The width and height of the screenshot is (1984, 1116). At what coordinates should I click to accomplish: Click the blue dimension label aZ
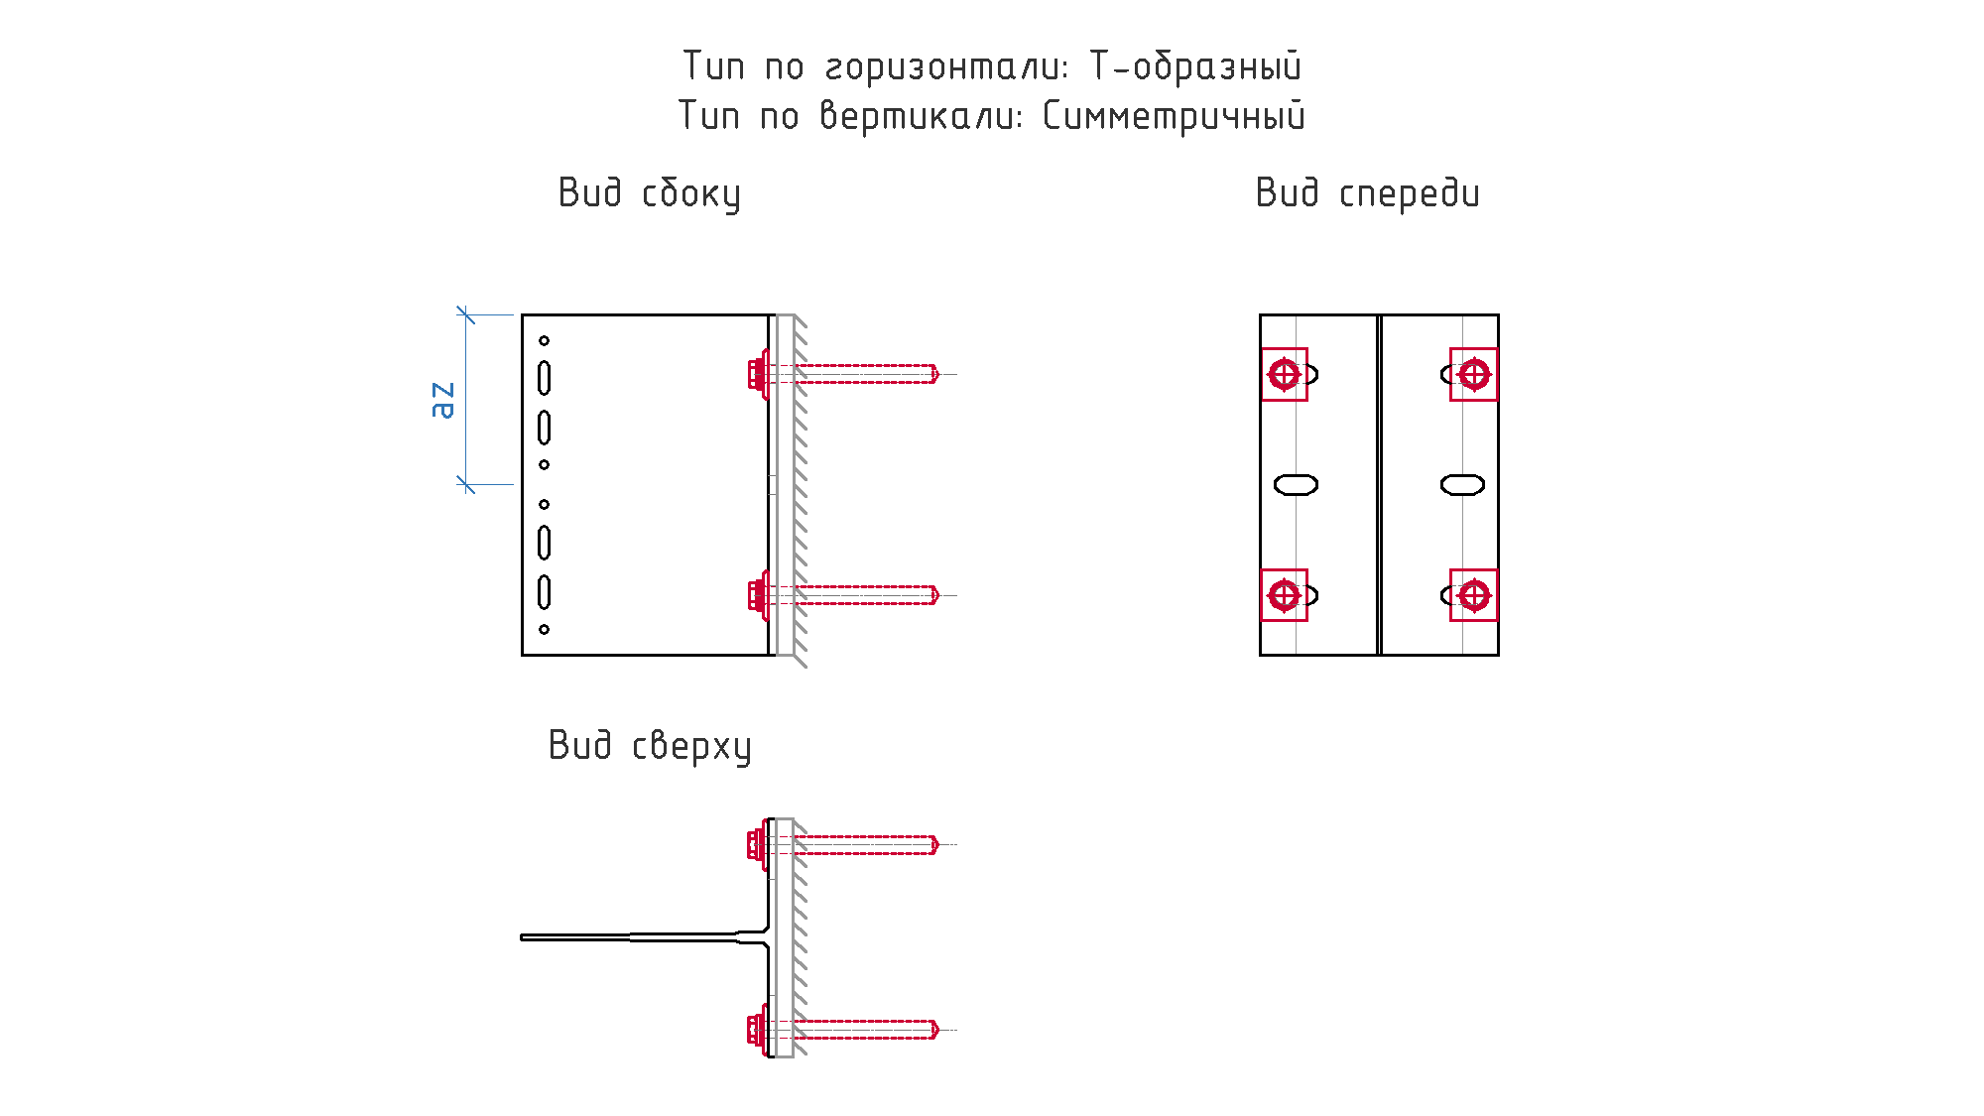(x=443, y=400)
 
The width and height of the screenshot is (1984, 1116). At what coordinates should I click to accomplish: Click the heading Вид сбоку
(x=650, y=193)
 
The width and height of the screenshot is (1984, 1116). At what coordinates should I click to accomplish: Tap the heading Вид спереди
(x=1368, y=193)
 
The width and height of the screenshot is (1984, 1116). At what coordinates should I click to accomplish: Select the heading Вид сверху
(x=650, y=746)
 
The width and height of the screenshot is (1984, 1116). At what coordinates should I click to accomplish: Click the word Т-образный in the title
(x=1195, y=66)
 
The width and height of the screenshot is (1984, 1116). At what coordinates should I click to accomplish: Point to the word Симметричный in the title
(x=1174, y=116)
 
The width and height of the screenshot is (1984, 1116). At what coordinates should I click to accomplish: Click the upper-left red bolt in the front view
(x=1285, y=375)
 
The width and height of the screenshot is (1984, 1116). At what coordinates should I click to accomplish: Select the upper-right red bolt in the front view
(x=1474, y=375)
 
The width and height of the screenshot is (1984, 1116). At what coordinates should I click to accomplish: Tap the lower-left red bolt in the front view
(x=1285, y=595)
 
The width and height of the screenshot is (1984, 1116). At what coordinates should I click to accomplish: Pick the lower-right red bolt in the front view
(x=1474, y=595)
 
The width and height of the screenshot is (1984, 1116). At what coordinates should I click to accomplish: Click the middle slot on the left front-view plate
(x=1296, y=485)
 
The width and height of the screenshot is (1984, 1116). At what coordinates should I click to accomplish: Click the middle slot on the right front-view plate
(x=1462, y=485)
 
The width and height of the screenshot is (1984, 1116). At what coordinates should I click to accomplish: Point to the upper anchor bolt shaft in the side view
(x=865, y=374)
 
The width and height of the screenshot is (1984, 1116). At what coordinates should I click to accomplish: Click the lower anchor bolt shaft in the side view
(x=865, y=595)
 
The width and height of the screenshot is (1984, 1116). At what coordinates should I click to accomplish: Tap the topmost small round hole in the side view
(x=544, y=341)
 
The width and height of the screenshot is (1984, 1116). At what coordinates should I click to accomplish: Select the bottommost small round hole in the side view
(x=544, y=629)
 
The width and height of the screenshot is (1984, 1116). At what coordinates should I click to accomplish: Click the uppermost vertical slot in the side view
(x=544, y=378)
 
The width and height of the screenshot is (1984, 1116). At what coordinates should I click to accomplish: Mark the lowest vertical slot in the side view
(x=544, y=592)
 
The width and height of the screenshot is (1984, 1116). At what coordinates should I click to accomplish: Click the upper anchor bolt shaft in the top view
(x=865, y=845)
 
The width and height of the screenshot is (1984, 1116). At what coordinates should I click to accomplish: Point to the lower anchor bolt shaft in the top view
(x=865, y=1030)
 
